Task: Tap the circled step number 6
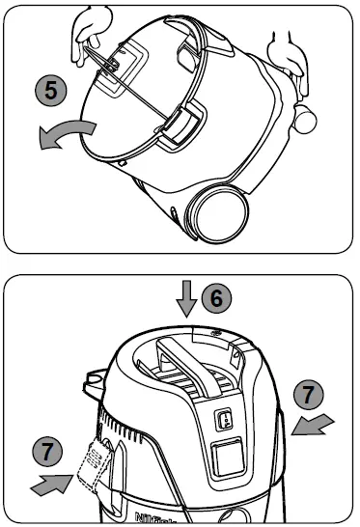[216, 299]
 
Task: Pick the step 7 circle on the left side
[46, 452]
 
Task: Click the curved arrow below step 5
[68, 137]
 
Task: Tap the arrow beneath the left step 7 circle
[53, 483]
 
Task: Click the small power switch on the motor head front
[220, 420]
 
